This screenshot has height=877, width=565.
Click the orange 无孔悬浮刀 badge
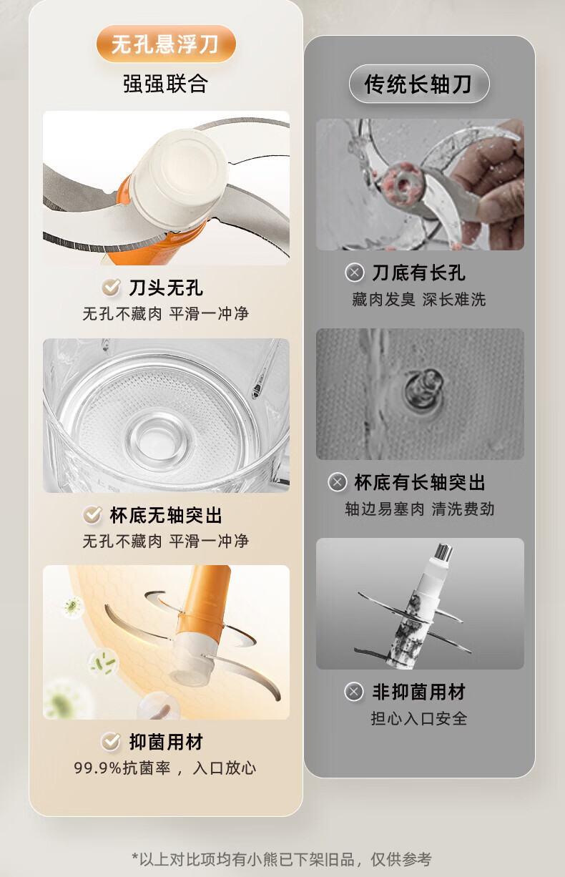166,44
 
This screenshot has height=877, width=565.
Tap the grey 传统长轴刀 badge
419,84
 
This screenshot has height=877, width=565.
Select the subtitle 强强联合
165,84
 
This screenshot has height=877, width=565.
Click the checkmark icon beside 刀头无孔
111,288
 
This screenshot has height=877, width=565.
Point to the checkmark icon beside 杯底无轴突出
92,515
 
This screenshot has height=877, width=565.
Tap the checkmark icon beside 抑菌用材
111,741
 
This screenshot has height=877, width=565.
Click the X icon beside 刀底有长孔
355,273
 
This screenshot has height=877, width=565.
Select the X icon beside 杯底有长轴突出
338,482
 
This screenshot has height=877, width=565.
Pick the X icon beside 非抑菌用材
354,692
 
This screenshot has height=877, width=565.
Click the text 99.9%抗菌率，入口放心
164,768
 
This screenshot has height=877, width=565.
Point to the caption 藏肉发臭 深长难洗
419,300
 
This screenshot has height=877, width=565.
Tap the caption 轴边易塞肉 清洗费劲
420,509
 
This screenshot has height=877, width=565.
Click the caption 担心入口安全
419,718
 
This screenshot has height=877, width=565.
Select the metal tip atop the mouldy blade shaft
443,552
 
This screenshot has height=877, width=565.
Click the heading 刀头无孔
166,288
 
